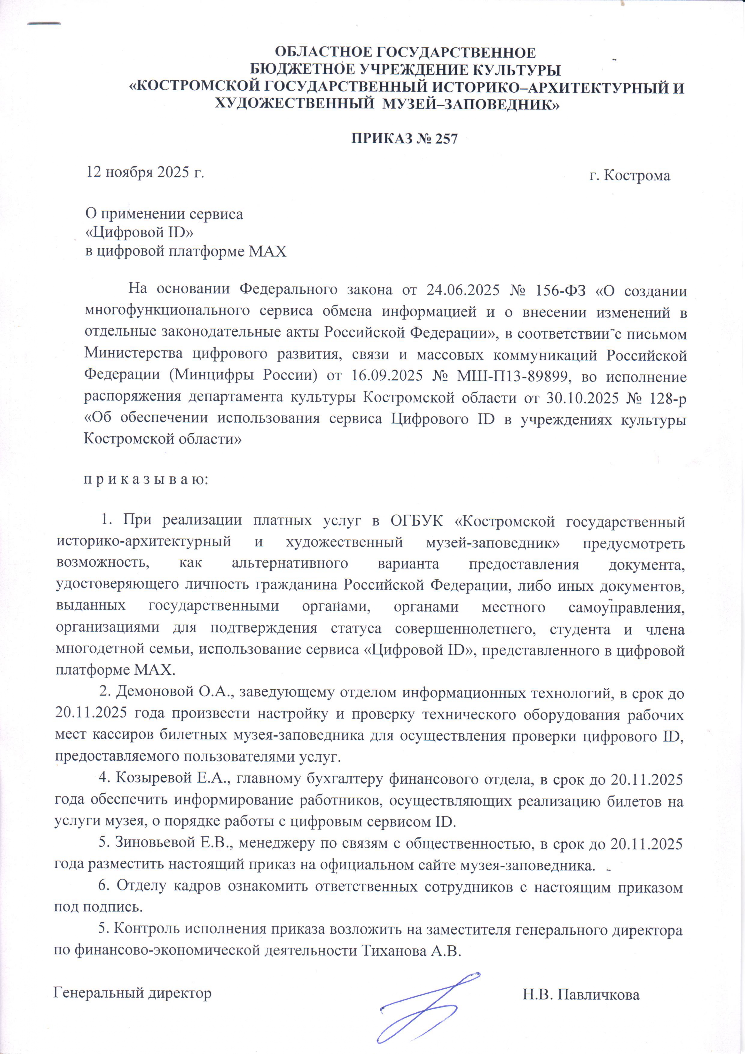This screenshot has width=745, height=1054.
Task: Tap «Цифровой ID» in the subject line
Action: tap(140, 233)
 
